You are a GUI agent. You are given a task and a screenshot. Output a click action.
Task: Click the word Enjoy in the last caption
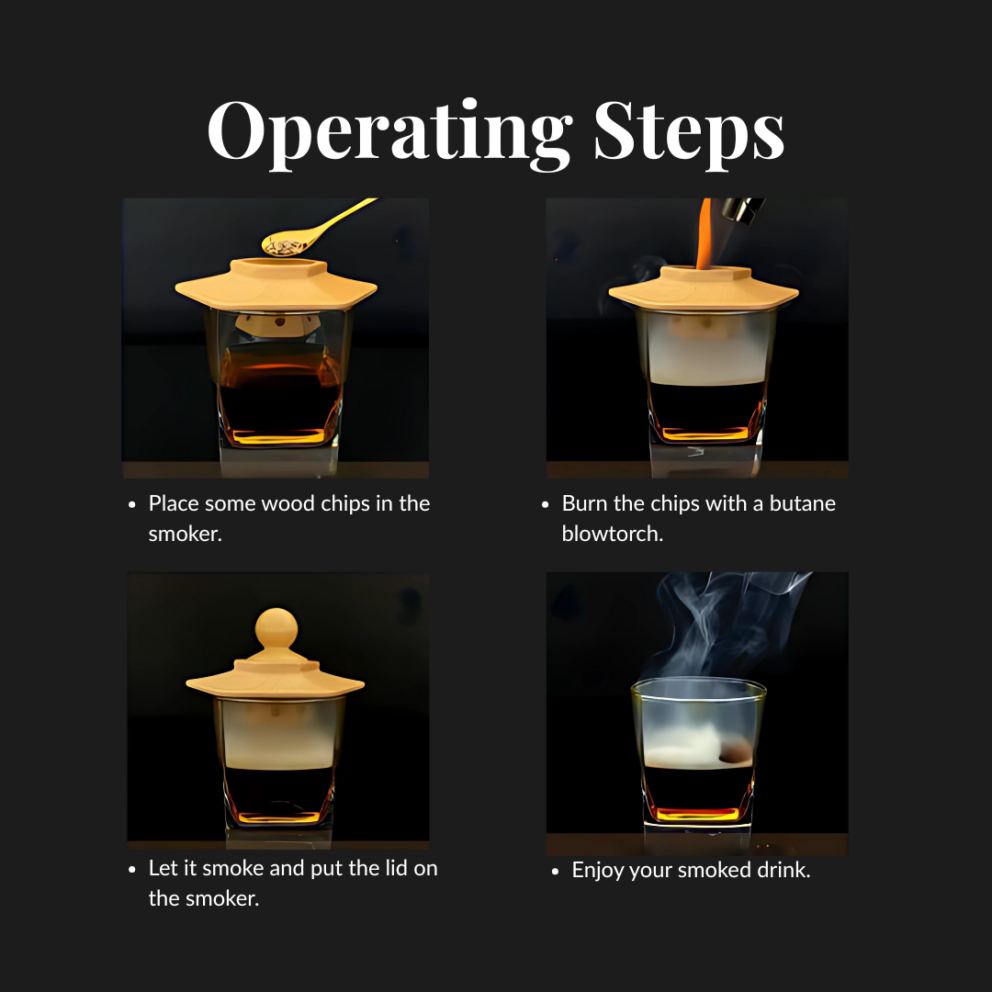(x=598, y=870)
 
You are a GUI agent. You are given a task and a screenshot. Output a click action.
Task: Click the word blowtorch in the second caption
(x=612, y=533)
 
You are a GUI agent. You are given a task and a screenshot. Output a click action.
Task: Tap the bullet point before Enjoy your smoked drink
(x=555, y=871)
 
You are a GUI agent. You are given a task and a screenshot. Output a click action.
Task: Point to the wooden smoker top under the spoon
(x=276, y=284)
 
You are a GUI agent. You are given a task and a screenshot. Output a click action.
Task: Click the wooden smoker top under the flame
(x=705, y=287)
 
